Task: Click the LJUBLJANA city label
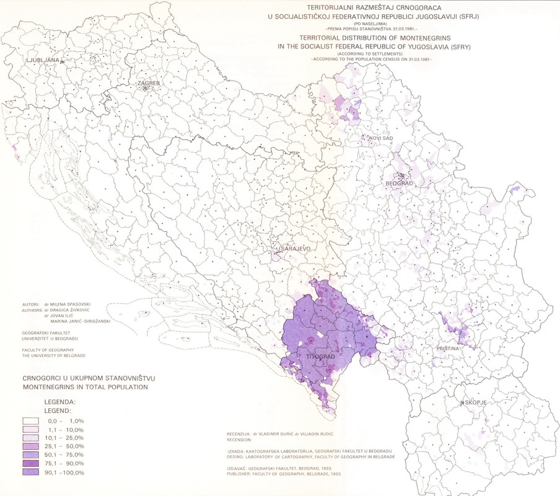(43, 60)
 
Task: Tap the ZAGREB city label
(149, 82)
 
